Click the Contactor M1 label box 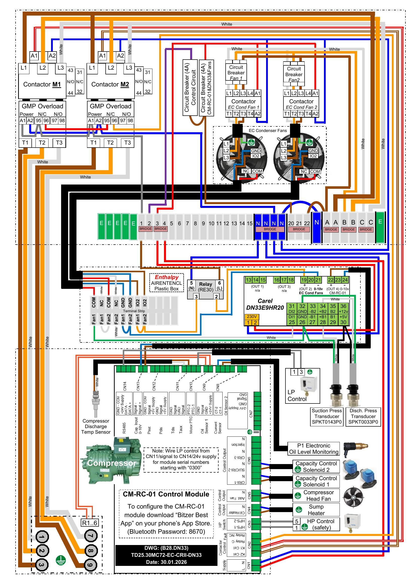pos(42,84)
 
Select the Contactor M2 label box pos(110,84)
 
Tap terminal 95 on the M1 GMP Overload pos(38,121)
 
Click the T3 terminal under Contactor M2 pos(127,143)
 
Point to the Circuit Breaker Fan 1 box pos(236,72)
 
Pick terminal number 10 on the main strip pos(211,223)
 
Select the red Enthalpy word pos(167,277)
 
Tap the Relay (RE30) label pos(205,287)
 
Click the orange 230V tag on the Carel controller pos(252,316)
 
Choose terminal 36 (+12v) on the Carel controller pos(343,308)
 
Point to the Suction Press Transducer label pos(327,416)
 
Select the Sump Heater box pos(316,510)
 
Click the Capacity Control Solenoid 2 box pos(316,466)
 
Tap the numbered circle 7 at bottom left pos(91,535)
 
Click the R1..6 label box pos(89,523)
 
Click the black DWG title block pos(166,555)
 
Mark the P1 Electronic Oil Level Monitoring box pos(314,449)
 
